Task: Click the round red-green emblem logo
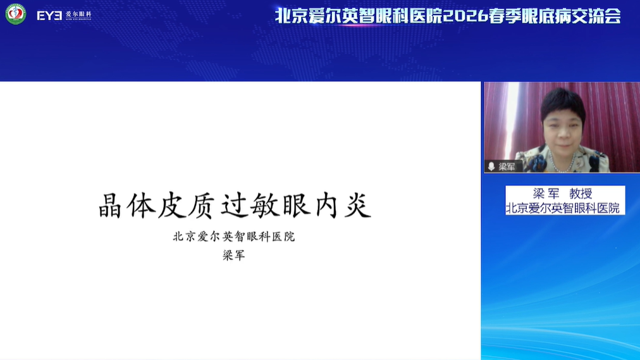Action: point(16,14)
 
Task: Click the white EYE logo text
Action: point(49,16)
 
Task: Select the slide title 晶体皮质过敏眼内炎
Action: point(235,205)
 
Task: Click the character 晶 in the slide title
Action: point(110,205)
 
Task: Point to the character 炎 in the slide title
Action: point(358,205)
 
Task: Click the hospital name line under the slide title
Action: point(234,237)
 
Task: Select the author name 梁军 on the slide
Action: point(234,256)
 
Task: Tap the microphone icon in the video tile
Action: point(491,166)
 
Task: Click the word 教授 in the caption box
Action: point(581,194)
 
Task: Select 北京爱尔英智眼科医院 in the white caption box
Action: point(563,208)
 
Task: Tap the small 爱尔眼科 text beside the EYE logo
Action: point(78,14)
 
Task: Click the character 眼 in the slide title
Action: point(297,205)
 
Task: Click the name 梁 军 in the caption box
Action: point(546,194)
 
